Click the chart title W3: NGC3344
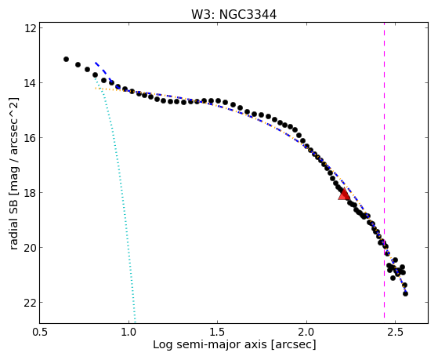pos(233,15)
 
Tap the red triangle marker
pos(344,195)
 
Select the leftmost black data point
pos(66,59)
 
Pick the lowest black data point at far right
pos(405,293)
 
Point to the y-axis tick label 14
pos(31,83)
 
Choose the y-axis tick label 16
pos(31,137)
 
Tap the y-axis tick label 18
pos(31,192)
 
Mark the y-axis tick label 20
pos(31,247)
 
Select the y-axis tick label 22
pos(31,303)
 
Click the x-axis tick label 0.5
pos(40,333)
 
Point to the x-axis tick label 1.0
pos(129,333)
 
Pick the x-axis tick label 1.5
pos(218,333)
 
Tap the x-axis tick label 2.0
pos(306,333)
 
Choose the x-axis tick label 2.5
pos(395,333)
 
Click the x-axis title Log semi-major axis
pos(210,345)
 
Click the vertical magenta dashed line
pos(384,170)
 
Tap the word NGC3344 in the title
pos(248,15)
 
